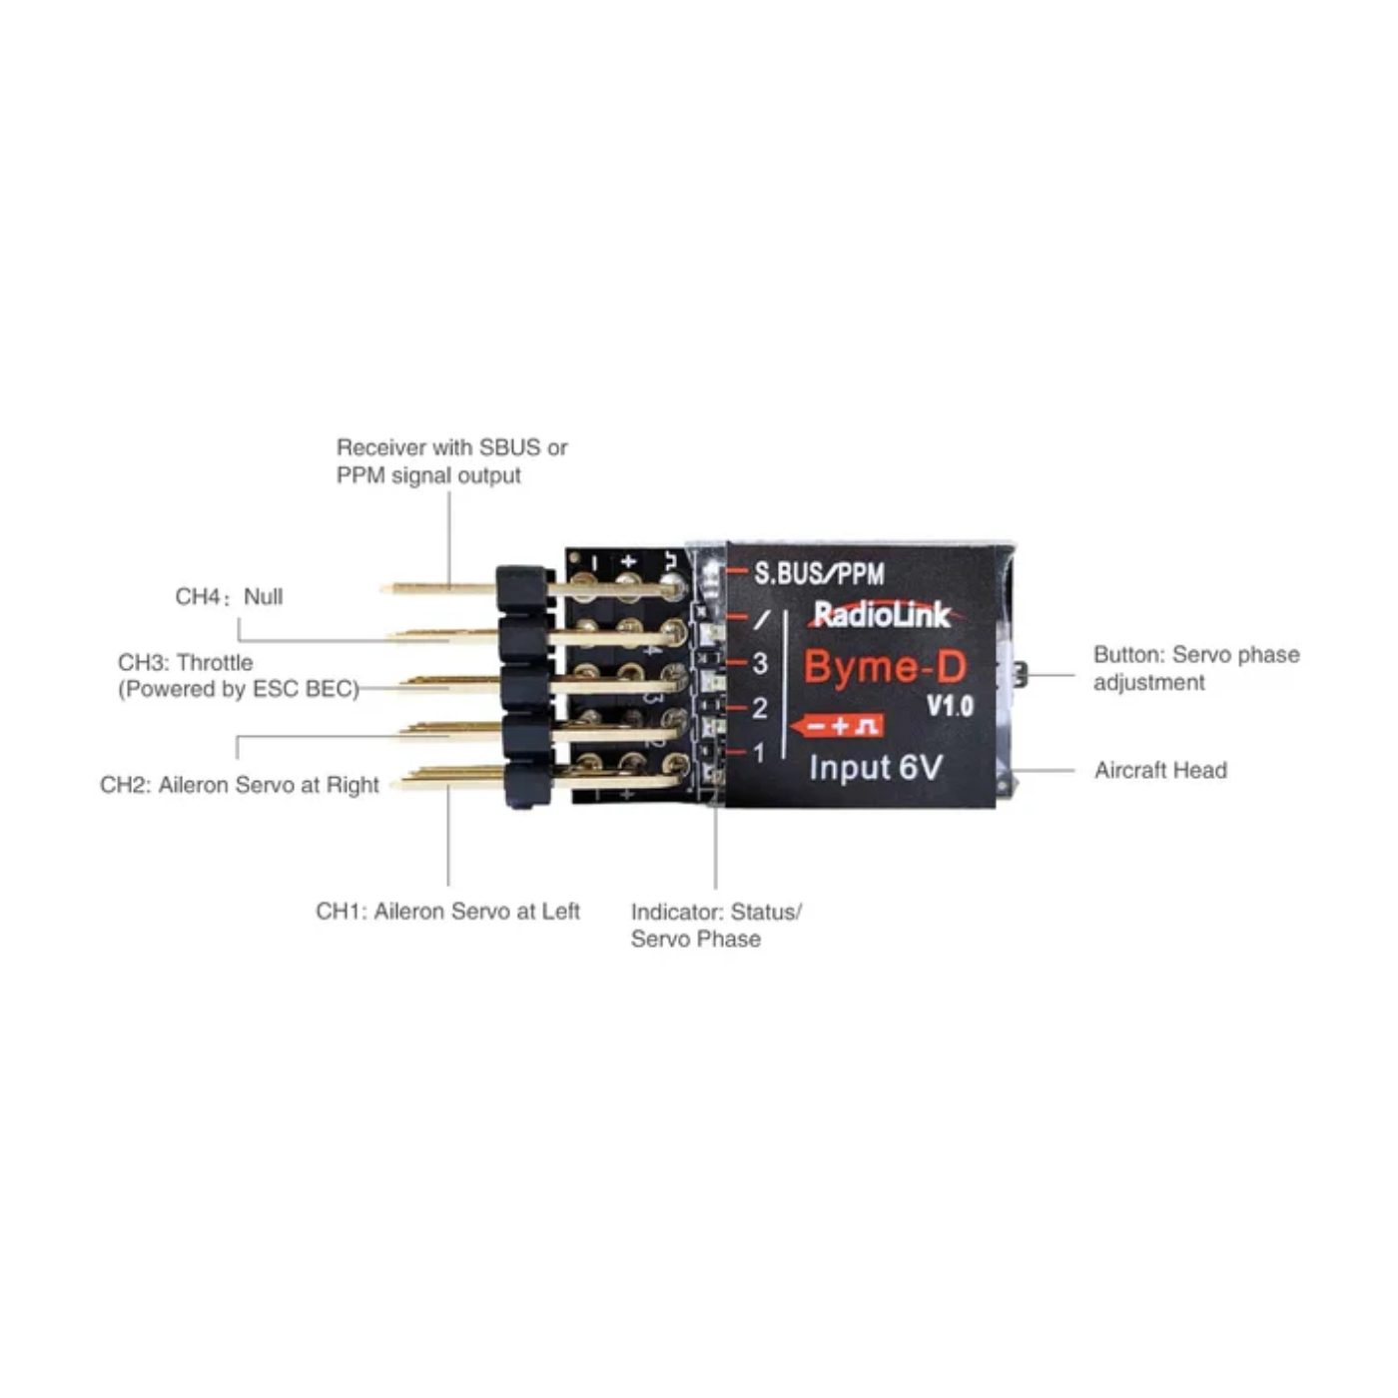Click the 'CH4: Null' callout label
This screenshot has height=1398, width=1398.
(229, 596)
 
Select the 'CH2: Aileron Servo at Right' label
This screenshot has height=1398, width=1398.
(240, 785)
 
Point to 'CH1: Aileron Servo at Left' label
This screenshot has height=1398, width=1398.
(447, 911)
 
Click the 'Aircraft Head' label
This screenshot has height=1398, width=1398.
(1160, 770)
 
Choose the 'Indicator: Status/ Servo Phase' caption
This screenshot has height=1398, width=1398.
(715, 925)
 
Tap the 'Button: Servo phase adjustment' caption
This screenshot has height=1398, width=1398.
(1195, 668)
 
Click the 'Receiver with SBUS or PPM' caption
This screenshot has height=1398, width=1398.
(451, 460)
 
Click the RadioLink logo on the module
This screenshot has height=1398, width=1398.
(882, 615)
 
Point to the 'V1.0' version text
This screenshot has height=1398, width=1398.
(949, 707)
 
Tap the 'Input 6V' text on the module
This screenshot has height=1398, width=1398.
(875, 768)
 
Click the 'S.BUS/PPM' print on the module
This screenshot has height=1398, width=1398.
(819, 573)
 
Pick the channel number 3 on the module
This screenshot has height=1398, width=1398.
(760, 663)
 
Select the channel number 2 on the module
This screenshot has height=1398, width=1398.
(760, 708)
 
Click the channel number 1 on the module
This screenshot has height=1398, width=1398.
(760, 753)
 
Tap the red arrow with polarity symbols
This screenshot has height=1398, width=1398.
(838, 726)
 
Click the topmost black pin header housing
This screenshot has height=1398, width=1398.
(522, 587)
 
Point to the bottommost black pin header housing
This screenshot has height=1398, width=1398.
(528, 785)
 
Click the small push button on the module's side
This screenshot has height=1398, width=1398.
(1020, 674)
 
